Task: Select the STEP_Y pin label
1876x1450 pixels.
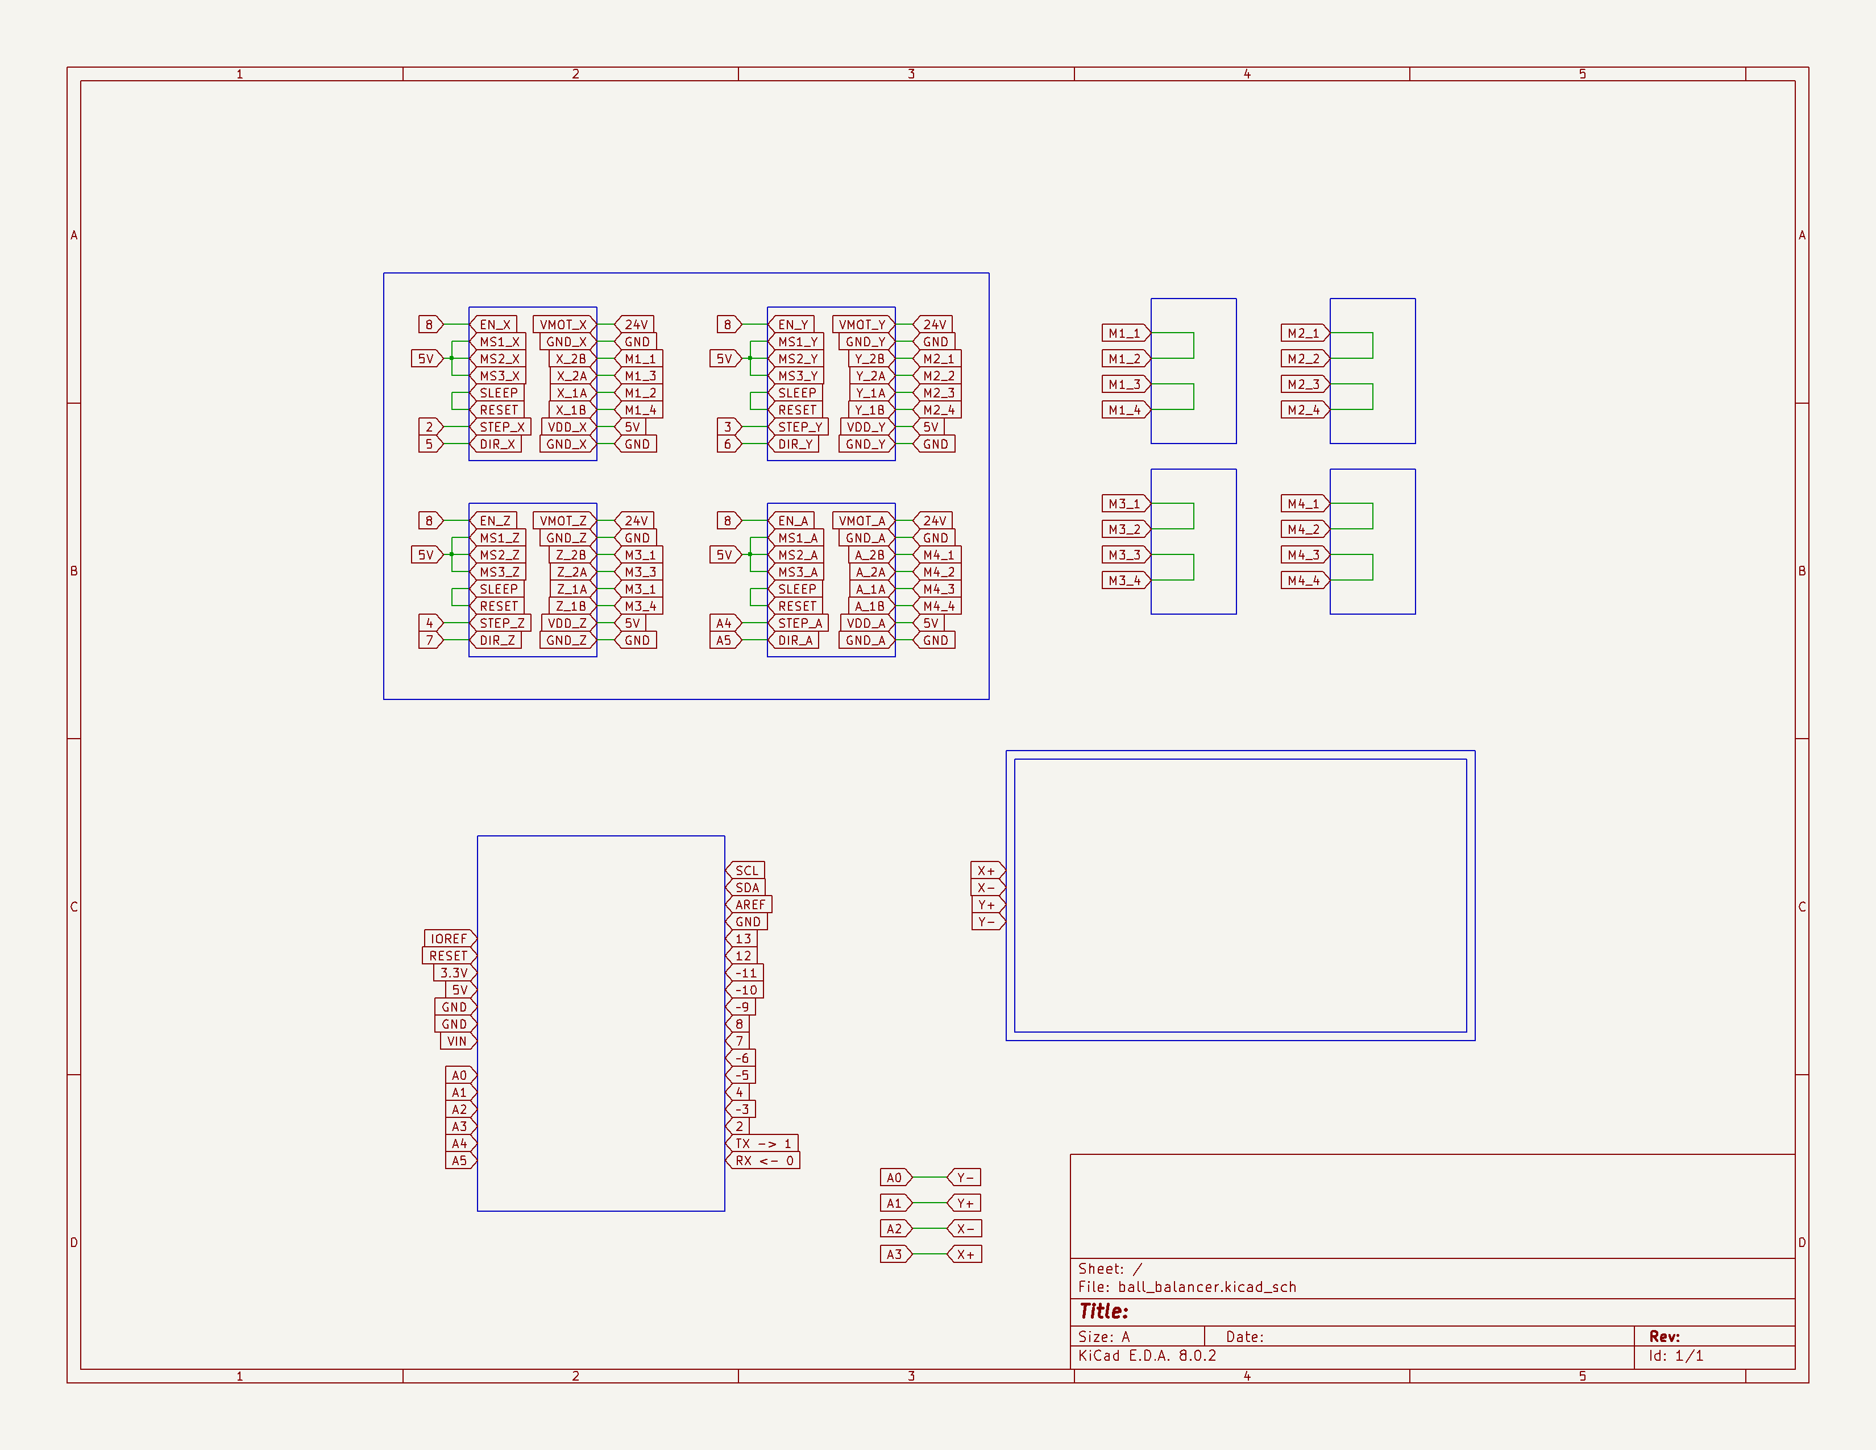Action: tap(799, 427)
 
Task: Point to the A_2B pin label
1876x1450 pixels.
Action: tap(869, 555)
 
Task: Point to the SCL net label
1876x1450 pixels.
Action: tap(746, 870)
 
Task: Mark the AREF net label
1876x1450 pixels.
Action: tap(749, 905)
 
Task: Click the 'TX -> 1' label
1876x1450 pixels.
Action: tap(763, 1144)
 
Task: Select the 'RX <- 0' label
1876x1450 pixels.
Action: tap(763, 1161)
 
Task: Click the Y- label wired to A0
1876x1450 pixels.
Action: tap(964, 1178)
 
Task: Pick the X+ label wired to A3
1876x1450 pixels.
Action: tap(964, 1254)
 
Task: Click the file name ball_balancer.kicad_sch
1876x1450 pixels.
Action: tap(1207, 1287)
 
